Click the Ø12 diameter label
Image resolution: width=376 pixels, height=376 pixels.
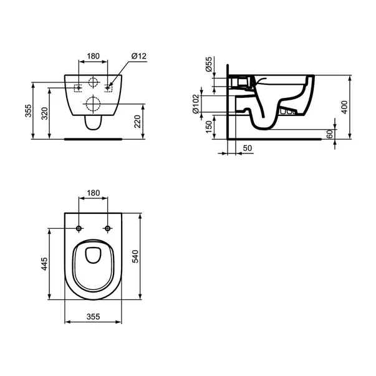pyautogui.click(x=138, y=57)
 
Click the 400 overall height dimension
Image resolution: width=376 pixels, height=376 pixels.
pyautogui.click(x=344, y=106)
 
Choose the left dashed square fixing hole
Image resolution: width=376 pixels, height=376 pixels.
pyautogui.click(x=78, y=87)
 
